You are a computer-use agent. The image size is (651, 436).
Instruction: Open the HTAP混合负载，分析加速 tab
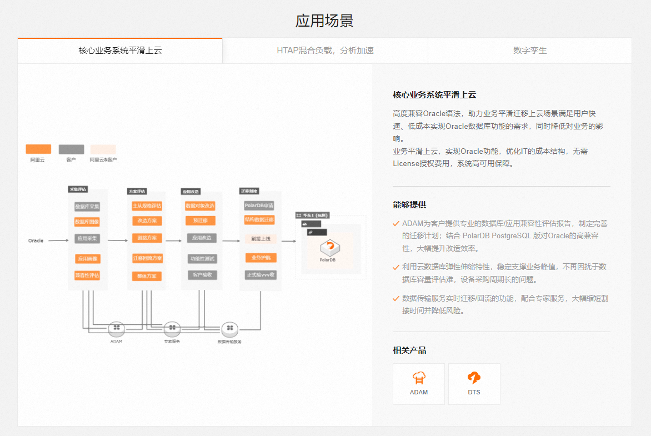coord(325,51)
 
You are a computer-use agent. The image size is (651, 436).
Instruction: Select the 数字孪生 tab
coord(529,51)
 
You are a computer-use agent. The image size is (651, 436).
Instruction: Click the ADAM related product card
coord(419,383)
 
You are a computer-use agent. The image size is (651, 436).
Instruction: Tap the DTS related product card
coord(474,383)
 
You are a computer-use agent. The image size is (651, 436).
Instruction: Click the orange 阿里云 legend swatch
coord(38,149)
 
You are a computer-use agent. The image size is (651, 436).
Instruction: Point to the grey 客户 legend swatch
coord(71,149)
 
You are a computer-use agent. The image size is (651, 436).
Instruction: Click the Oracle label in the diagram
coord(36,240)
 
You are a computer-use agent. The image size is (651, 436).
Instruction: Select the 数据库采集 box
coord(87,207)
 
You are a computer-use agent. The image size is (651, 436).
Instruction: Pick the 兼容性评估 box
coord(87,275)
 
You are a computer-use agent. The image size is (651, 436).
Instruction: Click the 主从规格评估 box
coord(147,206)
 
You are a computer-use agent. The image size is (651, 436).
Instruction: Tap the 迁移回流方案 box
coord(147,258)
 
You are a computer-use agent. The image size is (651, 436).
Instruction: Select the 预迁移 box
coord(200,220)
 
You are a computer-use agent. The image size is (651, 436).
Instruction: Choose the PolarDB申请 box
coord(259,206)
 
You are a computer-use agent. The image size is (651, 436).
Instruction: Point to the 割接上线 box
coord(260,239)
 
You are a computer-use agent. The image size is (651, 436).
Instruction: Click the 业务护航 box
coord(260,258)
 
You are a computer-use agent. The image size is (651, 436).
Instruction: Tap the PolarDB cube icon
coord(330,248)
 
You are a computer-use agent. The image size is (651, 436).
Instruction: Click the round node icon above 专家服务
coord(172,329)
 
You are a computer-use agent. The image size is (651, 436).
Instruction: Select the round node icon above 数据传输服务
coord(229,329)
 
